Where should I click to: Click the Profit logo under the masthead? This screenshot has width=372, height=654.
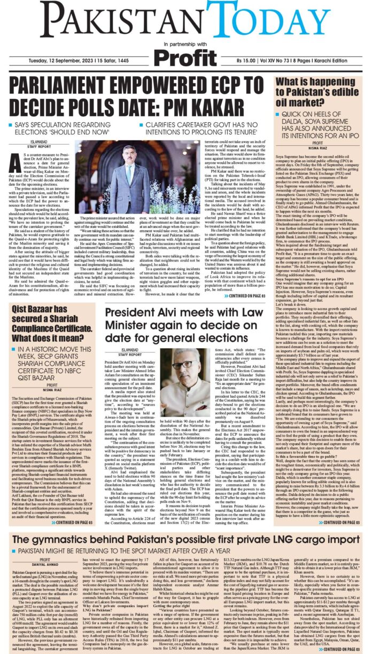click(x=185, y=54)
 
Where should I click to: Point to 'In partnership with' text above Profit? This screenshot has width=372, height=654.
click(x=185, y=42)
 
